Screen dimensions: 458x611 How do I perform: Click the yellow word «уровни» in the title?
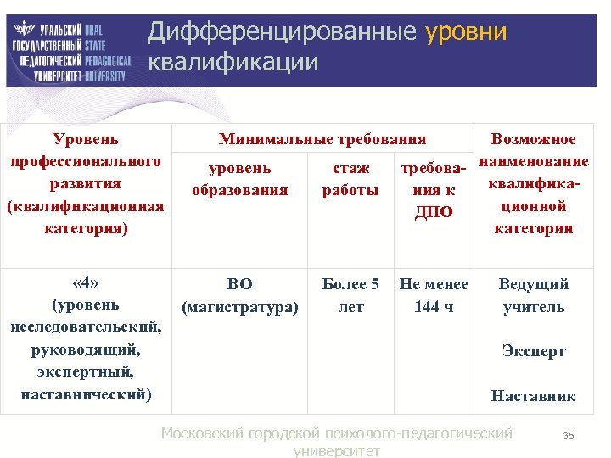(465, 32)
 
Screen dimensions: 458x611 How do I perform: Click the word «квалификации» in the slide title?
(233, 63)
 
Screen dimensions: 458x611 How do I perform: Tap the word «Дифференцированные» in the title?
(282, 32)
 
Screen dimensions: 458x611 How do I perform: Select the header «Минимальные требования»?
(322, 139)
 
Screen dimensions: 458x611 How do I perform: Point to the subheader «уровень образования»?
(240, 179)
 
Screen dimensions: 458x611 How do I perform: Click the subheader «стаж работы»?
(350, 179)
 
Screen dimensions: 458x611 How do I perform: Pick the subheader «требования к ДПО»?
(433, 189)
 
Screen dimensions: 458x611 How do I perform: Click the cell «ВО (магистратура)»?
(240, 295)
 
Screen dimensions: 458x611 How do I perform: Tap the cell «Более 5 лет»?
(350, 295)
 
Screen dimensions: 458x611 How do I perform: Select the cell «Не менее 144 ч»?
(433, 295)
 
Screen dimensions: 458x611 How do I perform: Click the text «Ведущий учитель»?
(534, 295)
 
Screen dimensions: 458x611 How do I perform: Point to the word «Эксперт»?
(534, 351)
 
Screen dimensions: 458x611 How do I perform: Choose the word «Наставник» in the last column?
(534, 395)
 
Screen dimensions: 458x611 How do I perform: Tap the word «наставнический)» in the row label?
(86, 394)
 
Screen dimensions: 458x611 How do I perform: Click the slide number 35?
(569, 436)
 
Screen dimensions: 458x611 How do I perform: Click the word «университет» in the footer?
(336, 451)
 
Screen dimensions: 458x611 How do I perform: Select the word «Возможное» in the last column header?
(534, 139)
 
